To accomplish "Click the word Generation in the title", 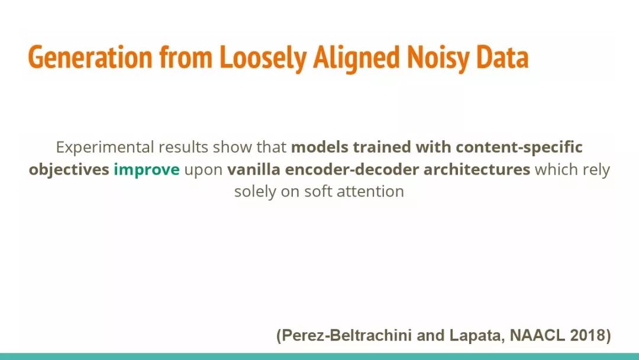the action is point(90,57).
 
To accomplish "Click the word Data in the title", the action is point(502,57).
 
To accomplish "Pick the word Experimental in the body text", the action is point(105,147).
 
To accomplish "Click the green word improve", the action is point(146,169).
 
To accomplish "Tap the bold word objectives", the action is point(69,169).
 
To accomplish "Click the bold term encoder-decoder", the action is point(351,169).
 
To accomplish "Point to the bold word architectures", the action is point(477,169).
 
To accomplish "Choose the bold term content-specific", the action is point(519,147).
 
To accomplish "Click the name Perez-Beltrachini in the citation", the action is point(347,336).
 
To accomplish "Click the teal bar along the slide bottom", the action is point(319,356).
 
